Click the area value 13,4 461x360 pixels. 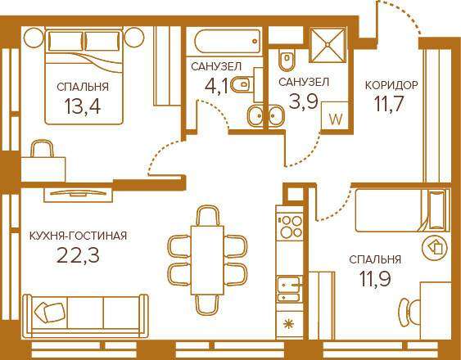point(83,106)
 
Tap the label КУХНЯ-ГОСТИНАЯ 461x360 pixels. point(79,236)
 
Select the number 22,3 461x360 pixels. point(78,255)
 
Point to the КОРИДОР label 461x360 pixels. point(391,85)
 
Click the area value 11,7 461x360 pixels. point(388,104)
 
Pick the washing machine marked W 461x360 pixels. point(336,118)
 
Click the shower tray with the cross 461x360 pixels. point(328,45)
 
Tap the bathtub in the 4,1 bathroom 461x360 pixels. point(228,41)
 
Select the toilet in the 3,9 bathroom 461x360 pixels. point(287,60)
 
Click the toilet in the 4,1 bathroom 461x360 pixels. point(242,85)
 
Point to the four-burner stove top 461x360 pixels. point(291,227)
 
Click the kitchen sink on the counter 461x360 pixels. point(289,289)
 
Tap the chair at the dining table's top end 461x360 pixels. point(207,215)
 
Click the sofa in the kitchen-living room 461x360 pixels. point(85,316)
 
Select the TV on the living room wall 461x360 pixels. point(79,193)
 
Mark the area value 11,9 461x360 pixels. point(375,278)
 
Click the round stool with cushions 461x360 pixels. point(434,249)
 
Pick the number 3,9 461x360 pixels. point(304,101)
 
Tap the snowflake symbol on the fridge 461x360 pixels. point(288,324)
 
